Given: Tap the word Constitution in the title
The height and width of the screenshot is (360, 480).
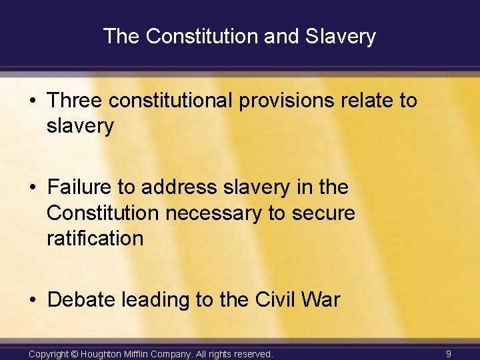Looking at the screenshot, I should point(203,36).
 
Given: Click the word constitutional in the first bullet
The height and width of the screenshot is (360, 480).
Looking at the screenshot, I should point(171,101).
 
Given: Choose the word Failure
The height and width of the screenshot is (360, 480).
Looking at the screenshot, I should point(81,187).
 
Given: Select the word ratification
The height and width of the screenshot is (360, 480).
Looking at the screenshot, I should point(95,238).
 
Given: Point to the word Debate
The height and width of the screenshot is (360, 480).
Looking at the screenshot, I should point(81,300).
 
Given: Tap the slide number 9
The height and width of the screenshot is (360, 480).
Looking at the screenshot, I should point(449,353).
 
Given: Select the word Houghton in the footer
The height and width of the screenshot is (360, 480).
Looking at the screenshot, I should point(106,353).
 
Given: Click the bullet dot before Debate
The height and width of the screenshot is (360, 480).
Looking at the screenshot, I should point(33,300).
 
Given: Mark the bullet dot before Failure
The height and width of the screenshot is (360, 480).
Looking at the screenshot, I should point(33,187).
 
